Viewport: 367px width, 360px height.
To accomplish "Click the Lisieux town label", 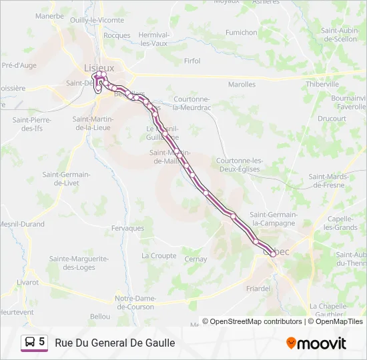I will pyautogui.click(x=99, y=67).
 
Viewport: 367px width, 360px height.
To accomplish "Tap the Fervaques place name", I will pyautogui.click(x=128, y=228).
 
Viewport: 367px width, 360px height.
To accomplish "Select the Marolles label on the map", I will pyautogui.click(x=242, y=85).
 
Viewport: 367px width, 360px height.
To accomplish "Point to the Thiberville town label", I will pyautogui.click(x=323, y=85).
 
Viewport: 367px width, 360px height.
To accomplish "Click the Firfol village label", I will pyautogui.click(x=192, y=61).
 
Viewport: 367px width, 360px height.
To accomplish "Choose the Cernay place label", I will pyautogui.click(x=196, y=259).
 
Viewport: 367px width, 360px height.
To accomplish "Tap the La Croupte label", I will pyautogui.click(x=159, y=255).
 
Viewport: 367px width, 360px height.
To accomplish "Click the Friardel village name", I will pyautogui.click(x=258, y=289).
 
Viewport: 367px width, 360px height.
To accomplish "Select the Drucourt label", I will pyautogui.click(x=332, y=119).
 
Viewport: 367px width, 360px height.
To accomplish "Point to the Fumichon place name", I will pyautogui.click(x=241, y=32).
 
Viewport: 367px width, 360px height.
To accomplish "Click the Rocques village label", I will pyautogui.click(x=117, y=35).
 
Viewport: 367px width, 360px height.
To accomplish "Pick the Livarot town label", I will pyautogui.click(x=27, y=282).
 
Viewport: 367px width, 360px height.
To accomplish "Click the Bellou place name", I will pyautogui.click(x=100, y=316).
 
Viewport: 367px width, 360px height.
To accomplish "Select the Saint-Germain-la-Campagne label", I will pyautogui.click(x=272, y=219).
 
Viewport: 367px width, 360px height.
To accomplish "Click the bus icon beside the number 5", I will pyautogui.click(x=30, y=342).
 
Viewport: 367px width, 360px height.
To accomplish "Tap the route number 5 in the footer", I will pyautogui.click(x=42, y=342).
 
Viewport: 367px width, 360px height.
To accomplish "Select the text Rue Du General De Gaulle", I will pyautogui.click(x=115, y=343).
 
